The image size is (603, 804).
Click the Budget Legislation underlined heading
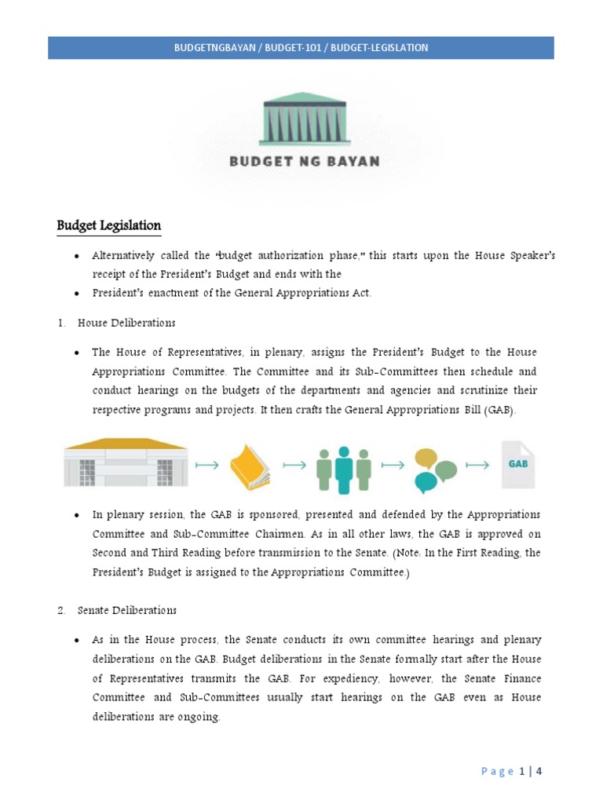pos(108,226)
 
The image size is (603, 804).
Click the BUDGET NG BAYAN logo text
pos(305,162)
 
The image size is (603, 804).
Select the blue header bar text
pos(301,48)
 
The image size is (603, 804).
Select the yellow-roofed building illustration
pos(126,462)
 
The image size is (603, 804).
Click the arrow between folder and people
pos(294,466)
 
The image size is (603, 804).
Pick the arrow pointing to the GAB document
pos(477,466)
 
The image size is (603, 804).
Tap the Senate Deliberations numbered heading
pos(126,610)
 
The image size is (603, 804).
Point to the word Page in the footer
pos(495,771)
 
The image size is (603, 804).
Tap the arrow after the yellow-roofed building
pos(207,466)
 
